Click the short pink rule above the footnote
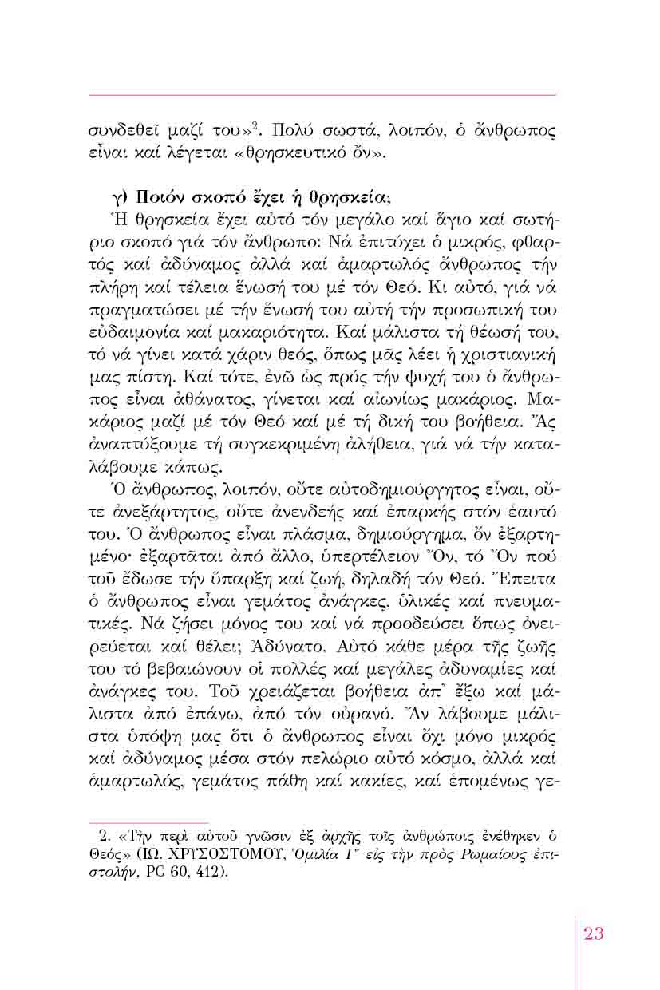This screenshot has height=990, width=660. coord(148,822)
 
